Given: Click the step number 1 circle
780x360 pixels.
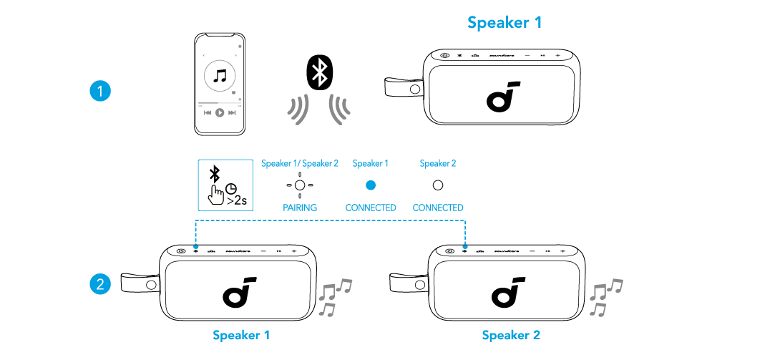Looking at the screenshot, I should [x=100, y=92].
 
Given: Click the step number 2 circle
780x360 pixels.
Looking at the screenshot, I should [x=100, y=284].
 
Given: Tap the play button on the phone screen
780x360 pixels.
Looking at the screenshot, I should [x=220, y=112].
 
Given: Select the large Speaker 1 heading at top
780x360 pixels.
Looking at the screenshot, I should [x=504, y=22].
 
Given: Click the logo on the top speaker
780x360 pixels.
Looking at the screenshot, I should [x=502, y=97].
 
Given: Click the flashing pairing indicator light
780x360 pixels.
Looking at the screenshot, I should [x=300, y=185].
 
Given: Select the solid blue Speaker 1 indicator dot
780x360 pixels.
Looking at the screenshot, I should [x=370, y=185].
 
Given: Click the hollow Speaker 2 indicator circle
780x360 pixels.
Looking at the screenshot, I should [x=438, y=185].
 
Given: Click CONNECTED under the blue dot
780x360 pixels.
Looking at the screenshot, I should [x=371, y=208].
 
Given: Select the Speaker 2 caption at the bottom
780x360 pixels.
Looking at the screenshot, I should [x=511, y=335].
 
